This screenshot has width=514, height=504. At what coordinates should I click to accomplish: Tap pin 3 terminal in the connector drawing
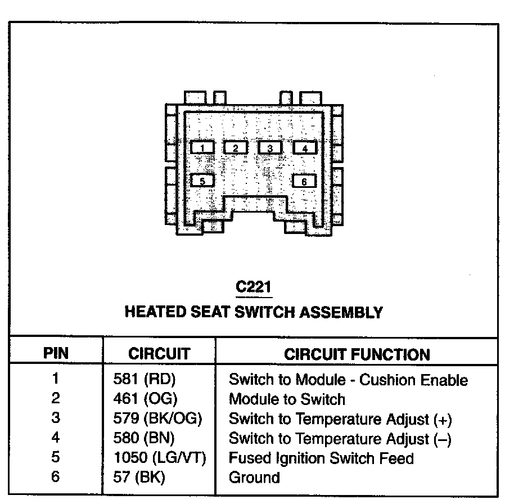coord(270,147)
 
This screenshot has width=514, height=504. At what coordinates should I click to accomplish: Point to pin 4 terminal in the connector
coord(305,148)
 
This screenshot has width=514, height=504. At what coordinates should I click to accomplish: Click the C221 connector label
coord(254,287)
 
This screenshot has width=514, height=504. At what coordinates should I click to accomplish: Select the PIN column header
coord(56,354)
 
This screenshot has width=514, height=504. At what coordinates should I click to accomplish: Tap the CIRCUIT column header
coord(159,354)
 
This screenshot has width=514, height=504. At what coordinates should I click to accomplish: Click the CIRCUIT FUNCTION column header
coord(357,354)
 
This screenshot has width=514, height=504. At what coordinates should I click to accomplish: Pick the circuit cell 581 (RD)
coord(146,380)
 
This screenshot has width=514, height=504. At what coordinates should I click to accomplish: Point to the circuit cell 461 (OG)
coord(146,399)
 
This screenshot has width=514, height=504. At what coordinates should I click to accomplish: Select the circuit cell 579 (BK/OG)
coord(157,419)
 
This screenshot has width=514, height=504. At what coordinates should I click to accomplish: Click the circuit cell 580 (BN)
coord(145,438)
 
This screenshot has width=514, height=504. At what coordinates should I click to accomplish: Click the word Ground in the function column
coord(254,478)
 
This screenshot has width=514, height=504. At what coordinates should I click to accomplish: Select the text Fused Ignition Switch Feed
coord(321,458)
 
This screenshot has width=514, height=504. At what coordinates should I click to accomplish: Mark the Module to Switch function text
coord(287,399)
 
